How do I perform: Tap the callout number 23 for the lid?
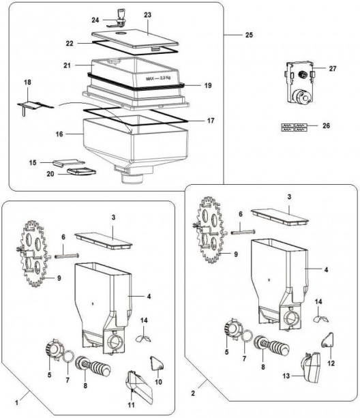147,15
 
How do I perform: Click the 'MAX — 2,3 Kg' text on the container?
158,78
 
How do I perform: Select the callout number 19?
208,85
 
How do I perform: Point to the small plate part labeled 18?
35,106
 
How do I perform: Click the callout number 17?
211,121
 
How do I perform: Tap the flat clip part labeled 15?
68,162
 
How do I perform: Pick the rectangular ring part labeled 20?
82,171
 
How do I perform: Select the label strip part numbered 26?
295,127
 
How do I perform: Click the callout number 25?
249,35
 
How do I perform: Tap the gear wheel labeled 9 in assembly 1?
34,254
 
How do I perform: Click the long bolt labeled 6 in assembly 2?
243,233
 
